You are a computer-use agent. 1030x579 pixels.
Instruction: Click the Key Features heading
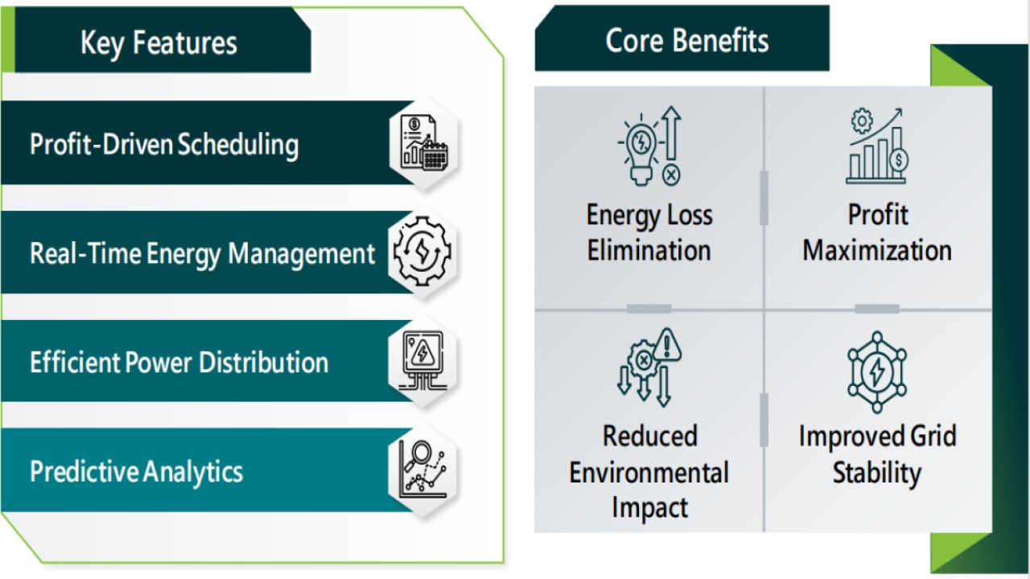coord(159,43)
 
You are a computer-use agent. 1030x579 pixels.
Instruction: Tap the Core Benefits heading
coord(687,40)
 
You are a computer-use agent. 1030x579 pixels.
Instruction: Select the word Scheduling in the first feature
coord(238,145)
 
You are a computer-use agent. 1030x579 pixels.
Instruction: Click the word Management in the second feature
coord(302,253)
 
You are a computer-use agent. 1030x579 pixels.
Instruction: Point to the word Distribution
coord(264,362)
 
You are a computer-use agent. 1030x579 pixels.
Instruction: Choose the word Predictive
coord(83,471)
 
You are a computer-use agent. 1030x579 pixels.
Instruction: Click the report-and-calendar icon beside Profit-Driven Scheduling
coord(424,143)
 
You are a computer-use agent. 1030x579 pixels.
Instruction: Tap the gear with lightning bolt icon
coord(422,252)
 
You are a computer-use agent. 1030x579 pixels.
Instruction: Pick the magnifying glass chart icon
coord(422,469)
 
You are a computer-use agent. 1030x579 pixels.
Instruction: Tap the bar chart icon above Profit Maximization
coord(877,146)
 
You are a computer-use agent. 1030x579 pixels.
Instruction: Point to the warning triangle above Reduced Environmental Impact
coord(667,345)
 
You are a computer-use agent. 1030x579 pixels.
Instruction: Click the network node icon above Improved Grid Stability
coord(877,372)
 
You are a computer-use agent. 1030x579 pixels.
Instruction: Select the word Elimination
coord(649,250)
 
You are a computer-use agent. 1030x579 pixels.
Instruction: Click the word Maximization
coord(877,250)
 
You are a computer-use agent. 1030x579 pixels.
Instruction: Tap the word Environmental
coord(649,473)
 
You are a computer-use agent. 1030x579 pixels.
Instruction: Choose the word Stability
coord(877,473)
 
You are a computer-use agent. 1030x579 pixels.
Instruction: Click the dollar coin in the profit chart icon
coord(899,160)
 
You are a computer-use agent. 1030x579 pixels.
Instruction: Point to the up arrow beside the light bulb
coord(671,133)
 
